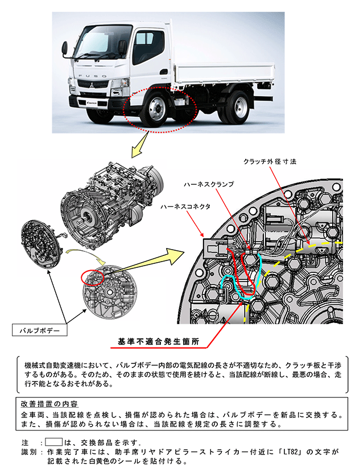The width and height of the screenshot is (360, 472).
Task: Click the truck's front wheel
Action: (154, 109)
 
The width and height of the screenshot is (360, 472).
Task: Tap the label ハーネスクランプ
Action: (209, 185)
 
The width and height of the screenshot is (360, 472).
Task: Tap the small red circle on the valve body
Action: (93, 277)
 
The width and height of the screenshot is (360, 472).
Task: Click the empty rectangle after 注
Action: (53, 441)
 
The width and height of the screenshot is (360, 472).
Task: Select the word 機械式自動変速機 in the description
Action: (48, 363)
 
